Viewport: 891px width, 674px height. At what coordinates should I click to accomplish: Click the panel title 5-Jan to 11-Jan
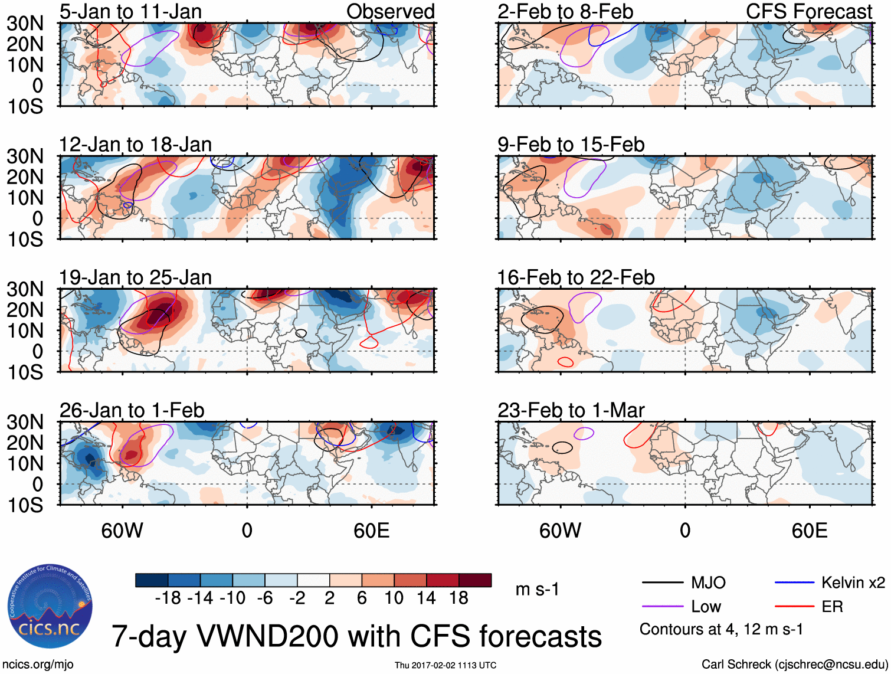pyautogui.click(x=130, y=11)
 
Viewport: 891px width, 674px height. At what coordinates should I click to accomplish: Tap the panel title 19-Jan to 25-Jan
pyautogui.click(x=135, y=277)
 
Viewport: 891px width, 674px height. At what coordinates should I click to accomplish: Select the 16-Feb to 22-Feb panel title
pyautogui.click(x=576, y=277)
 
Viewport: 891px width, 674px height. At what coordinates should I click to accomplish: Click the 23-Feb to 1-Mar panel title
pyautogui.click(x=571, y=410)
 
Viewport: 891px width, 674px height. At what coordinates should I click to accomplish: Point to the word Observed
pyautogui.click(x=390, y=11)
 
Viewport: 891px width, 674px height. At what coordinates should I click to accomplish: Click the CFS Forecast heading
pyautogui.click(x=808, y=11)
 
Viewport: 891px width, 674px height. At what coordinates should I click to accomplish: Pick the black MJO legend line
pyautogui.click(x=663, y=583)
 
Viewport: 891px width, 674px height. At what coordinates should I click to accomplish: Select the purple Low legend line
pyautogui.click(x=663, y=607)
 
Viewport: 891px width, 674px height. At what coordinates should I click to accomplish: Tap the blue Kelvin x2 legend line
pyautogui.click(x=794, y=583)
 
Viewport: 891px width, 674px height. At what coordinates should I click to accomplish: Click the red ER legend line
pyautogui.click(x=794, y=607)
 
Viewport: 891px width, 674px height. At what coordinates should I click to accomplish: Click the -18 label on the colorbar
pyautogui.click(x=168, y=598)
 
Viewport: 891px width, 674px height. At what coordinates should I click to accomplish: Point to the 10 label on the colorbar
pyautogui.click(x=394, y=598)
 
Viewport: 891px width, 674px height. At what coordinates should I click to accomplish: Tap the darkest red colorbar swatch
pyautogui.click(x=475, y=580)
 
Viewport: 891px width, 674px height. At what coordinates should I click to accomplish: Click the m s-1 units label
pyautogui.click(x=537, y=590)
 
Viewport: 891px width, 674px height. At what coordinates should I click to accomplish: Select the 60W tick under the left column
pyautogui.click(x=122, y=531)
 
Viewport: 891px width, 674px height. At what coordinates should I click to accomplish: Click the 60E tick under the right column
pyautogui.click(x=809, y=531)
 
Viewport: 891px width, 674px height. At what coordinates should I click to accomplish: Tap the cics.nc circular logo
pyautogui.click(x=50, y=607)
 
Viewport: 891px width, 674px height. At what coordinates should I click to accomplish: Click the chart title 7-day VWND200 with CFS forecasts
pyautogui.click(x=356, y=636)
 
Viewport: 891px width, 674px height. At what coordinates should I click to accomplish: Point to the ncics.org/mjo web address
pyautogui.click(x=38, y=665)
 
